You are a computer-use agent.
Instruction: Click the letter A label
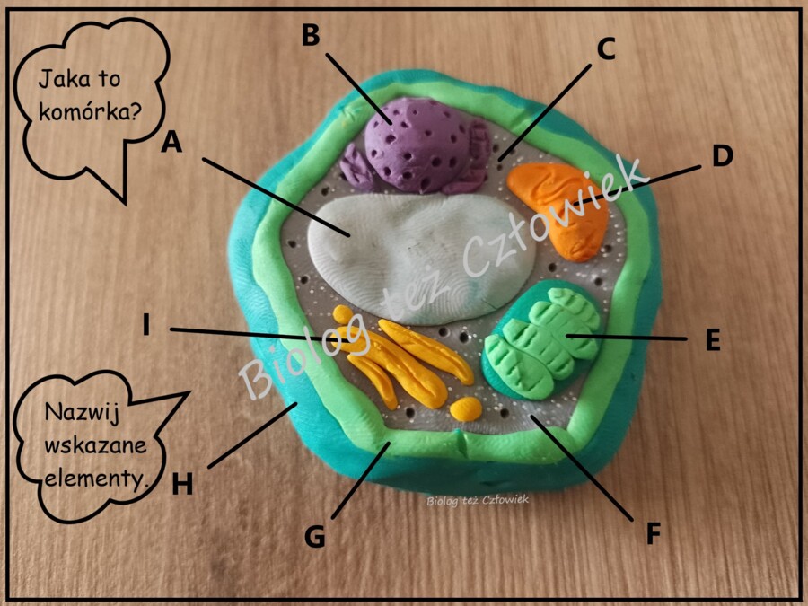(171, 143)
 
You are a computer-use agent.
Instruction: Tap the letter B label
(311, 35)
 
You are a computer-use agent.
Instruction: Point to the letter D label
(722, 156)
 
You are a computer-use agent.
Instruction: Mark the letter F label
(653, 533)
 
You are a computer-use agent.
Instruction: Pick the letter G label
(314, 536)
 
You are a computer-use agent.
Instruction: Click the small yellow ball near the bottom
(465, 409)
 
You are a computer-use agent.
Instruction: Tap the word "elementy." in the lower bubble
(94, 476)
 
